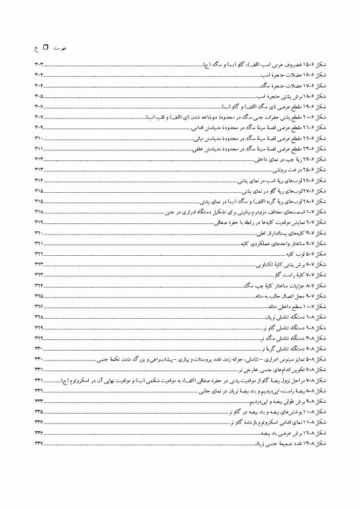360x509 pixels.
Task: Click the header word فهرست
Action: [x=60, y=48]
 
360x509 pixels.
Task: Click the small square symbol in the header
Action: [x=45, y=48]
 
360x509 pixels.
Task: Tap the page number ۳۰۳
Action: [x=38, y=65]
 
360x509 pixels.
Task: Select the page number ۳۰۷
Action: [x=38, y=117]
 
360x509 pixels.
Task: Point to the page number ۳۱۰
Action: [x=38, y=138]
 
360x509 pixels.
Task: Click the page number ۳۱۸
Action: [x=38, y=211]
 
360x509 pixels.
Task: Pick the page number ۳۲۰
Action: [x=38, y=233]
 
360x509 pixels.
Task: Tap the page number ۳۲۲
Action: [x=38, y=254]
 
